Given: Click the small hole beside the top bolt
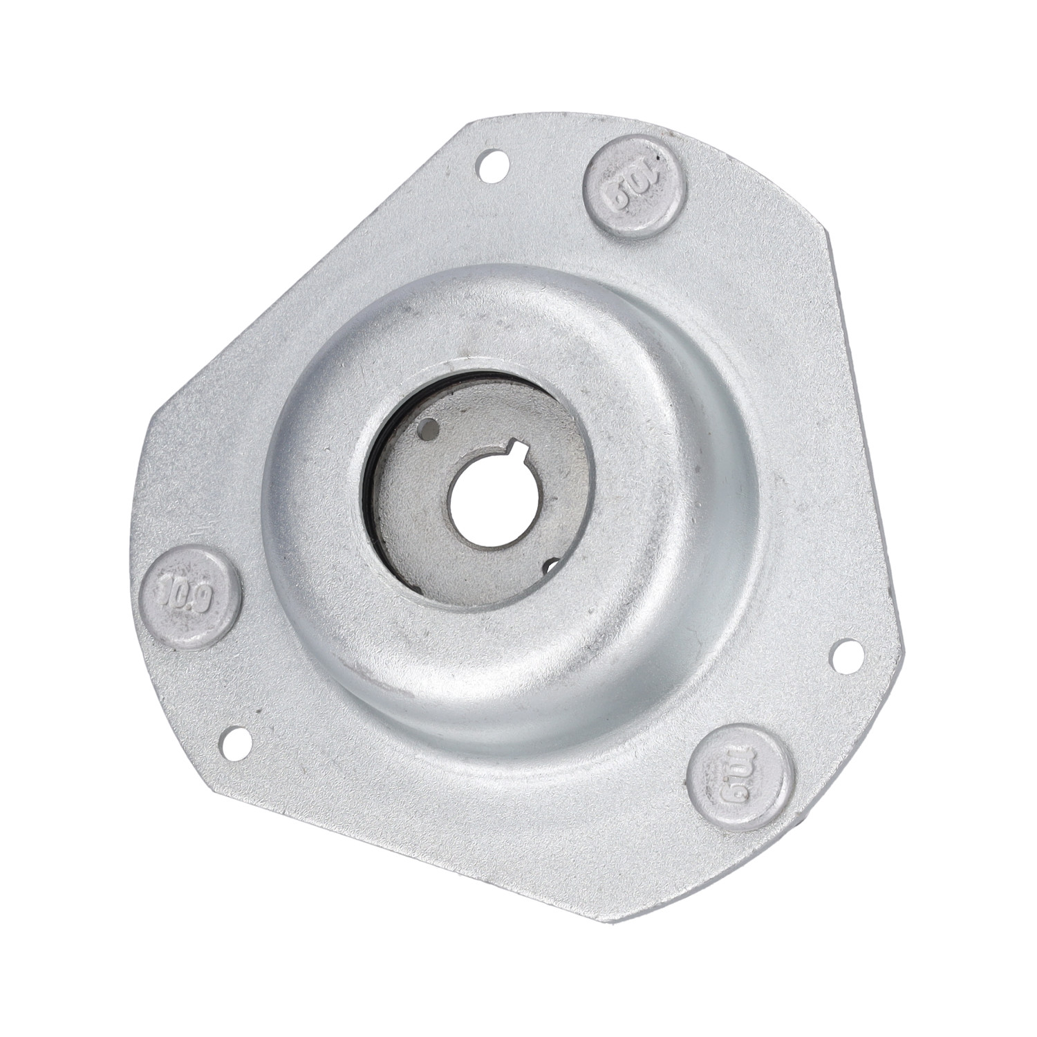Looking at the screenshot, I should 493,164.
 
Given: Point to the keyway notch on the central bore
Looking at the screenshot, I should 521,454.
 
